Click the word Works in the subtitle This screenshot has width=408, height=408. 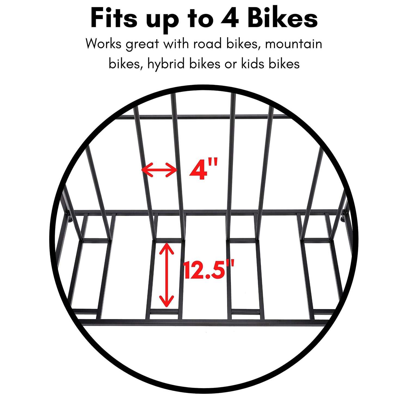coord(103,44)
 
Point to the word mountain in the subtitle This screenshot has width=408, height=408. coord(293,44)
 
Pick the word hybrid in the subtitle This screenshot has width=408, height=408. coord(166,64)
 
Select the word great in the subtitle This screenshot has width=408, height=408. coord(142,44)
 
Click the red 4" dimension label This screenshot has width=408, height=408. coord(203,170)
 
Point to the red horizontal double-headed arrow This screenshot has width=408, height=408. coord(159,170)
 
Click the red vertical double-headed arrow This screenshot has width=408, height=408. coord(166,275)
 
